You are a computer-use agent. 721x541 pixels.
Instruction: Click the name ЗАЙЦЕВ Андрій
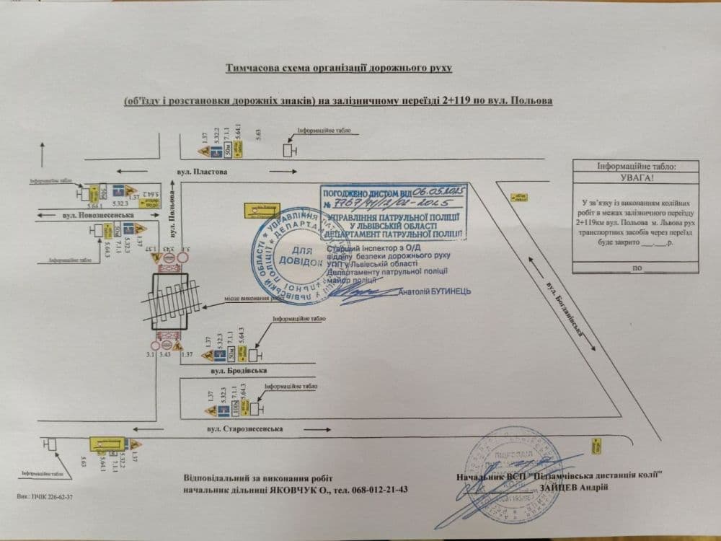point(573,487)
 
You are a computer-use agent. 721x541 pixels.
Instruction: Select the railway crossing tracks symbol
point(170,302)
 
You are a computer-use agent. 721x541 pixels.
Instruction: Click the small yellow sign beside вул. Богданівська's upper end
point(517,195)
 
